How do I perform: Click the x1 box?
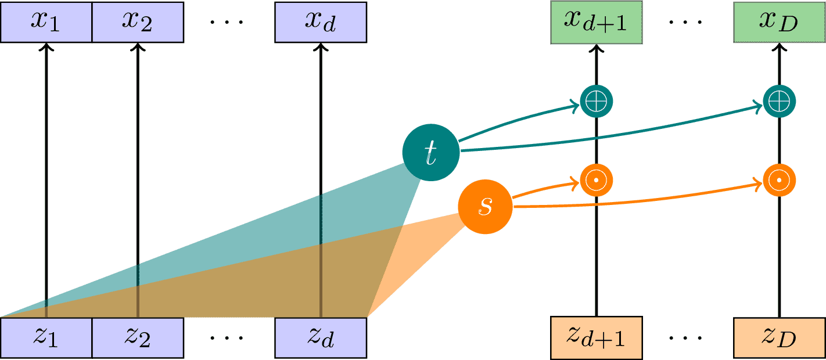click(46, 21)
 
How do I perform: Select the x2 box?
click(138, 21)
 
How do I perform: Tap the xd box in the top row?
click(321, 21)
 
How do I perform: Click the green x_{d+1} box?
click(597, 22)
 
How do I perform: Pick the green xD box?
click(779, 22)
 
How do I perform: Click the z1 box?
click(46, 337)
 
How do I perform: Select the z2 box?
click(138, 337)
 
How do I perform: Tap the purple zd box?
click(321, 337)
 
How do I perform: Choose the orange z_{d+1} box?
click(597, 337)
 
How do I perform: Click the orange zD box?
click(779, 337)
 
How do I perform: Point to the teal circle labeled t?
click(430, 152)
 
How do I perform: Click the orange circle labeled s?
click(485, 206)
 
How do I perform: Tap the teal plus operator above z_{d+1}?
click(597, 102)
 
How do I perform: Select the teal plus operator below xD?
click(779, 102)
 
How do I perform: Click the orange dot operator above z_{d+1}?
click(597, 181)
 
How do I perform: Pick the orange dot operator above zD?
click(779, 181)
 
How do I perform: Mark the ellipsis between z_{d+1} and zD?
click(688, 339)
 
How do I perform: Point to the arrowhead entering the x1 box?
click(46, 48)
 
